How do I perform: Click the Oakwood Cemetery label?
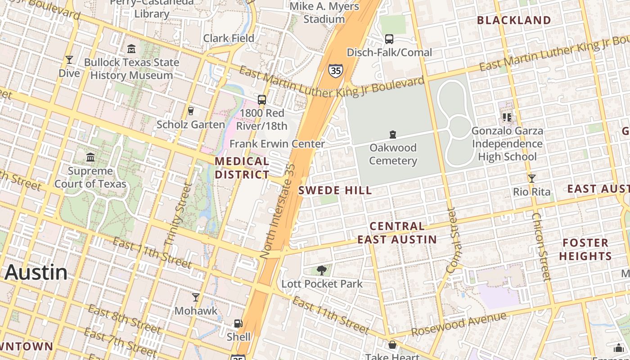tap(393, 154)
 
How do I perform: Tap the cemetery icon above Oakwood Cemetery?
tap(393, 135)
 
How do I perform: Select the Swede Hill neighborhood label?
tap(335, 190)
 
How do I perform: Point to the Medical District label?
tap(242, 168)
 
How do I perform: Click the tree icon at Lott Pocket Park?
tap(321, 270)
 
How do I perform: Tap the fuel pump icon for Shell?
tap(238, 324)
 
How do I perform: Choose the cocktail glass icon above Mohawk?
tap(196, 297)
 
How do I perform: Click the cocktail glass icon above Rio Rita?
tap(532, 179)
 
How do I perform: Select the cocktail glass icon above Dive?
tap(69, 60)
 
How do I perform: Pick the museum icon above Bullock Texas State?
tap(131, 49)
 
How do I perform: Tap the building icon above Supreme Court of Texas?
tap(90, 157)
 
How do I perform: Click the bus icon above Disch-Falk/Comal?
tap(389, 39)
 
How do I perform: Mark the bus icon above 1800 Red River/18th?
tap(262, 99)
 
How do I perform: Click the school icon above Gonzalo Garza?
tap(507, 117)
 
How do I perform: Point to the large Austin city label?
tap(36, 273)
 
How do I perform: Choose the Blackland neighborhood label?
tap(514, 20)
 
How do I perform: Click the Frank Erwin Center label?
tap(277, 144)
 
